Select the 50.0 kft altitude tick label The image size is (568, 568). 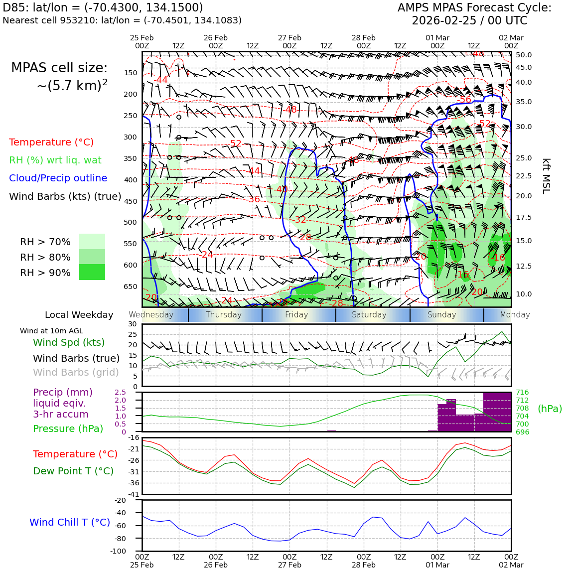tap(524, 55)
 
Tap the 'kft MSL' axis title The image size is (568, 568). tap(546, 176)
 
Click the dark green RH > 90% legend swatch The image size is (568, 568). tap(92, 272)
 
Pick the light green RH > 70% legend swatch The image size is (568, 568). tap(92, 242)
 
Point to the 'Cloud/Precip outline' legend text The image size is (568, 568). tap(58, 178)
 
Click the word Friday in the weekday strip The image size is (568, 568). tap(296, 315)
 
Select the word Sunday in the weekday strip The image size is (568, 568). tap(441, 315)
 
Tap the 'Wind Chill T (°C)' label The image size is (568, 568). tap(70, 522)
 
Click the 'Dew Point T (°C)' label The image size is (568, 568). tap(73, 471)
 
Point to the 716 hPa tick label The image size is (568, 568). tap(522, 393)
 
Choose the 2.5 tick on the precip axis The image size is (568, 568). tap(120, 393)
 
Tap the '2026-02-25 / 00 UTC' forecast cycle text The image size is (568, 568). tap(469, 21)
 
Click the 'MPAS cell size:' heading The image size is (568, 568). tap(59, 68)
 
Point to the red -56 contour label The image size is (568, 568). tap(464, 100)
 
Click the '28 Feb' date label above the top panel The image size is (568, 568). tap(363, 38)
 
